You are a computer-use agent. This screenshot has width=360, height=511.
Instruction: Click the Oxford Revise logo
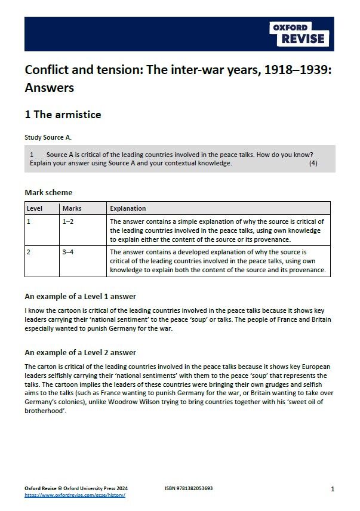pyautogui.click(x=301, y=34)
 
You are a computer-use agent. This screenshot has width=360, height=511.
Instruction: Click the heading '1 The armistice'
pyautogui.click(x=63, y=114)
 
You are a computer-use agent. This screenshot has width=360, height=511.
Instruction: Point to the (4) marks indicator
pyautogui.click(x=313, y=163)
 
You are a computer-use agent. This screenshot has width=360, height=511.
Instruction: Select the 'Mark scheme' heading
pyautogui.click(x=48, y=192)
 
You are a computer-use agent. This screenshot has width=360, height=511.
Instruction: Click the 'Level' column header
pyautogui.click(x=35, y=208)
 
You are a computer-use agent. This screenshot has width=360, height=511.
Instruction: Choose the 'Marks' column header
pyautogui.click(x=72, y=208)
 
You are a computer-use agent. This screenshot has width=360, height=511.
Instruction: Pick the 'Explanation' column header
pyautogui.click(x=128, y=208)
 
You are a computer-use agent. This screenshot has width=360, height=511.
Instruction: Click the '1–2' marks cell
pyautogui.click(x=69, y=221)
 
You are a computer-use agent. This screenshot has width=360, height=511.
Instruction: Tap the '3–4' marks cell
pyautogui.click(x=69, y=252)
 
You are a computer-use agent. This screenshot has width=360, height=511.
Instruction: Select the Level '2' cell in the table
pyautogui.click(x=29, y=252)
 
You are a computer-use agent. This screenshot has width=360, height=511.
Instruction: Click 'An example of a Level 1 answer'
pyautogui.click(x=80, y=296)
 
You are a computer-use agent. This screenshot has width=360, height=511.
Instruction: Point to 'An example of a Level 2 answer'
pyautogui.click(x=80, y=352)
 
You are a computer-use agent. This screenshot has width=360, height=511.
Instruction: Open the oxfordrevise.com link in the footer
pyautogui.click(x=75, y=495)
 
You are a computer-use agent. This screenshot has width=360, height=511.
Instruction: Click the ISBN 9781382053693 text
pyautogui.click(x=188, y=488)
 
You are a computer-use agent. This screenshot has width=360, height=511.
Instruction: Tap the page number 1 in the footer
pyautogui.click(x=332, y=489)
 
